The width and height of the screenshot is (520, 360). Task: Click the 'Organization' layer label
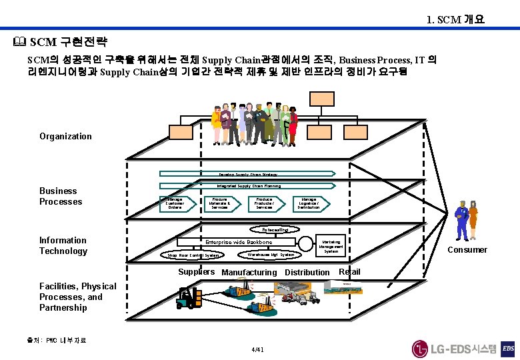pyautogui.click(x=65, y=137)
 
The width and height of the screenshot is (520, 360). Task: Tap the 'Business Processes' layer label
pyautogui.click(x=61, y=196)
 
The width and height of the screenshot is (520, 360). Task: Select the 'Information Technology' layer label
pyautogui.click(x=63, y=245)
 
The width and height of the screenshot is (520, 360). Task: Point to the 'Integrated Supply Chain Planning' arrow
pyautogui.click(x=247, y=186)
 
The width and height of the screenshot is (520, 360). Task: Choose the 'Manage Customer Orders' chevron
pyautogui.click(x=175, y=203)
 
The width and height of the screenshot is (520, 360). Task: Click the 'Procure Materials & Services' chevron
pyautogui.click(x=220, y=203)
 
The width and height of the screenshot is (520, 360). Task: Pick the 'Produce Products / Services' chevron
pyautogui.click(x=264, y=203)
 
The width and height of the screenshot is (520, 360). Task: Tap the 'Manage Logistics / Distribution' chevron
pyautogui.click(x=309, y=203)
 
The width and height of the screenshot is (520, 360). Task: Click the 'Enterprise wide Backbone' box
pyautogui.click(x=239, y=242)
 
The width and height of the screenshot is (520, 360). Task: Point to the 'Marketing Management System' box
pyautogui.click(x=331, y=247)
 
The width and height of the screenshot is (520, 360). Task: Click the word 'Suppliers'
pyautogui.click(x=197, y=271)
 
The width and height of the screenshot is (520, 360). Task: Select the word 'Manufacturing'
pyautogui.click(x=249, y=273)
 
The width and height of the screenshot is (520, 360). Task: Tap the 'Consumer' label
pyautogui.click(x=467, y=250)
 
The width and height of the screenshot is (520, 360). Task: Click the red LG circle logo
pyautogui.click(x=420, y=349)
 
